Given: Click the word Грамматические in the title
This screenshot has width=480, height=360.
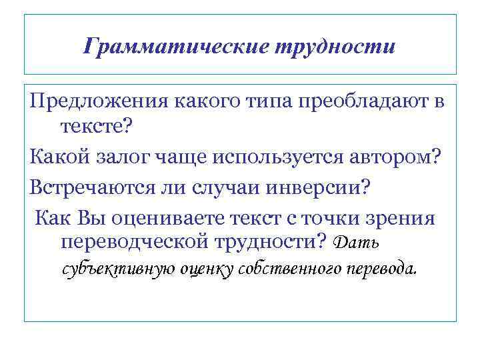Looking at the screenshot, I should pyautogui.click(x=175, y=46).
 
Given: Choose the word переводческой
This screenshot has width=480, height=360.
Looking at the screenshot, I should pyautogui.click(x=134, y=241).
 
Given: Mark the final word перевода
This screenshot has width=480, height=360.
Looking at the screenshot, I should pyautogui.click(x=385, y=270).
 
